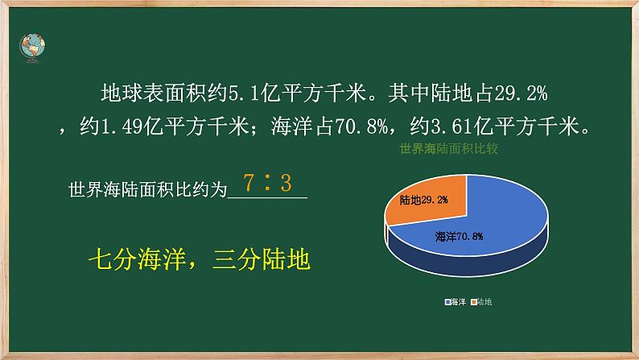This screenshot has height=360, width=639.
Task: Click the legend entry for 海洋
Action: [x=456, y=302]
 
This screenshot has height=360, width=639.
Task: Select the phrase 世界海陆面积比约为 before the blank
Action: [x=149, y=192]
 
